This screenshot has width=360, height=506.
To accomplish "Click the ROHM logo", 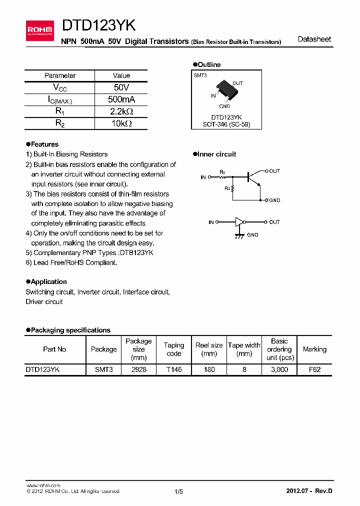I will click(x=39, y=30).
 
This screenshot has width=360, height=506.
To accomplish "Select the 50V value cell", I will click(x=121, y=87).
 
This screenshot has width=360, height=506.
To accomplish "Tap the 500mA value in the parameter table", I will click(x=121, y=99).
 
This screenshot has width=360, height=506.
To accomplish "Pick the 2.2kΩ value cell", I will click(x=121, y=111).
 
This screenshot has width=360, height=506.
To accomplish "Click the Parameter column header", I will click(x=60, y=75).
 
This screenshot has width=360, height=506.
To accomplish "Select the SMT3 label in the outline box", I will click(x=200, y=75).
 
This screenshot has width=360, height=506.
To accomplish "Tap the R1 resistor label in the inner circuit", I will click(x=222, y=171).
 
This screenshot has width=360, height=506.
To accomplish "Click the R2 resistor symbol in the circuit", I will click(x=233, y=188).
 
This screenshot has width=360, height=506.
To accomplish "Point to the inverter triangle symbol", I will click(x=241, y=222).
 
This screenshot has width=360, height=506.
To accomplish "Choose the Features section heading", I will click(x=44, y=144).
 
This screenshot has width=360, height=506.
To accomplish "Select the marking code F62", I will click(x=314, y=369).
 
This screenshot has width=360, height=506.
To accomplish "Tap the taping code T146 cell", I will click(x=173, y=369).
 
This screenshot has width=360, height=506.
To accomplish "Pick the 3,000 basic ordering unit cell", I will click(x=279, y=369).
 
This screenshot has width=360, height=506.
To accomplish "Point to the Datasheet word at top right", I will click(x=314, y=39).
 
